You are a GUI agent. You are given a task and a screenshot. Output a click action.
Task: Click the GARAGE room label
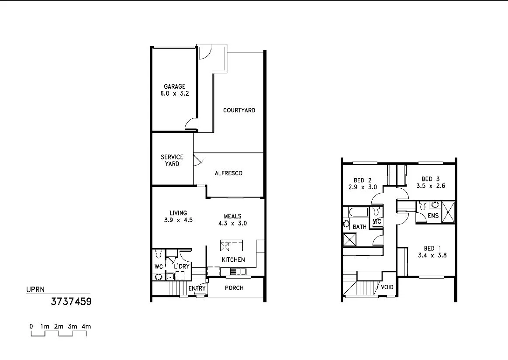[x=175, y=87]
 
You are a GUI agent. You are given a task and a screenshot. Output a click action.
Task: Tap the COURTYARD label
[x=239, y=110]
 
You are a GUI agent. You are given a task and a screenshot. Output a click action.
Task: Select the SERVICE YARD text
[x=172, y=160]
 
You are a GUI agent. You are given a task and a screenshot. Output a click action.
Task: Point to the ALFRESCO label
[x=228, y=173]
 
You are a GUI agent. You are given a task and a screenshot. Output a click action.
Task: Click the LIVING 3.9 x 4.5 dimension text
[x=178, y=220]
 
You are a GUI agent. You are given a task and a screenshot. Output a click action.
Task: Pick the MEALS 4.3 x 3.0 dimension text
[x=232, y=223]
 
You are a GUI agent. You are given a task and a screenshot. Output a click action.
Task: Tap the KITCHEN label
[x=233, y=260]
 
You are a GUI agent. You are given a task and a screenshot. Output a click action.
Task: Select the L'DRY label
[x=181, y=266]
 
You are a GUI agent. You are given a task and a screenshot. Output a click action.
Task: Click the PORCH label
[x=234, y=288]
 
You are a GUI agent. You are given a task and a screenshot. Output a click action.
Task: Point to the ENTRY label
[x=197, y=288]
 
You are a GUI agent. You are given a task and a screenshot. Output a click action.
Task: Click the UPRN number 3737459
[x=71, y=301]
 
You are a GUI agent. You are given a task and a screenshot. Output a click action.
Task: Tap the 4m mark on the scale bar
[x=86, y=326]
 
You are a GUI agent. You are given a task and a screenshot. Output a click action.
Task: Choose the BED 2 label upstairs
[x=363, y=180]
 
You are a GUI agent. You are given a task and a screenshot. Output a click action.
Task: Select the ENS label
[x=433, y=216]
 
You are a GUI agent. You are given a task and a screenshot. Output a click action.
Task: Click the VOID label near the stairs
[x=387, y=287]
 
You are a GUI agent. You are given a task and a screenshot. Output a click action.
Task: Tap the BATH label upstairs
[x=359, y=227]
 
